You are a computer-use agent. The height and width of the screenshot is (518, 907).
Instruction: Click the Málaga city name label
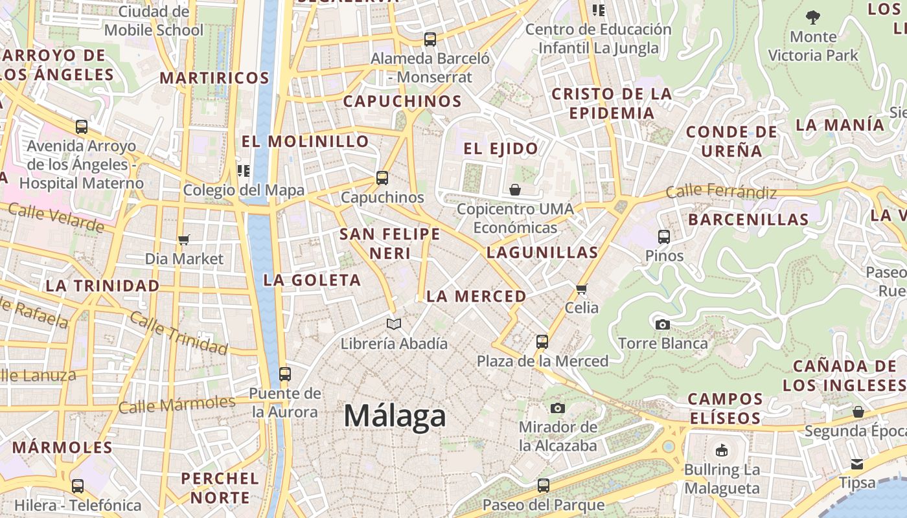point(395,415)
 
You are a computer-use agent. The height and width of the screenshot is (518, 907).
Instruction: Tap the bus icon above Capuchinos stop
point(382,177)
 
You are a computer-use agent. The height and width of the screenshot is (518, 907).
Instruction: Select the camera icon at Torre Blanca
point(662,324)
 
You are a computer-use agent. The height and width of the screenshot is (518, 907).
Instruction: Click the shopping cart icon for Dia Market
point(184,240)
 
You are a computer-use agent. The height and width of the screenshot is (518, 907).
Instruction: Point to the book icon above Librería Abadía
point(394,324)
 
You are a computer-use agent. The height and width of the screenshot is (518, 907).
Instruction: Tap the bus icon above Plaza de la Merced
point(542,341)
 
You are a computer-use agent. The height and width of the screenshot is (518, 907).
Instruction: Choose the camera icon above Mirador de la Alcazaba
point(557,408)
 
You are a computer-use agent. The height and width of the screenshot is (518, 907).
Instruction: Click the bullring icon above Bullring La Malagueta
point(721,450)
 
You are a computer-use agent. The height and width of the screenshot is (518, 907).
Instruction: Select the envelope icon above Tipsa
point(857,464)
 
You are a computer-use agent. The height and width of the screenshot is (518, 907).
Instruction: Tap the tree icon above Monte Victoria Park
point(813,17)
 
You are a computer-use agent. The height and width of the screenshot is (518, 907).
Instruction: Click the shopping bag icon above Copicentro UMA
point(515,190)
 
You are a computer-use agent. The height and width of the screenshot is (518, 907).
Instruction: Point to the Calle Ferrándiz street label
point(721,192)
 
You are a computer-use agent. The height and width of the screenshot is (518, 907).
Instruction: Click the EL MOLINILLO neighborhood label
point(305,141)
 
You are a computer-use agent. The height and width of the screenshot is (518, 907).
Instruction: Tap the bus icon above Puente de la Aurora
point(285,374)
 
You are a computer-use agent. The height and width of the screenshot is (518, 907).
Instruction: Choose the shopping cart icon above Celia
point(581,289)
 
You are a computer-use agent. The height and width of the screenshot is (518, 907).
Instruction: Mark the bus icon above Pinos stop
point(664,237)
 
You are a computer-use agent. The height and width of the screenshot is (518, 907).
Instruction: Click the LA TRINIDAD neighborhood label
point(102,286)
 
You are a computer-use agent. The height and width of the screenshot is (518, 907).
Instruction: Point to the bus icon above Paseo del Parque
point(544,485)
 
